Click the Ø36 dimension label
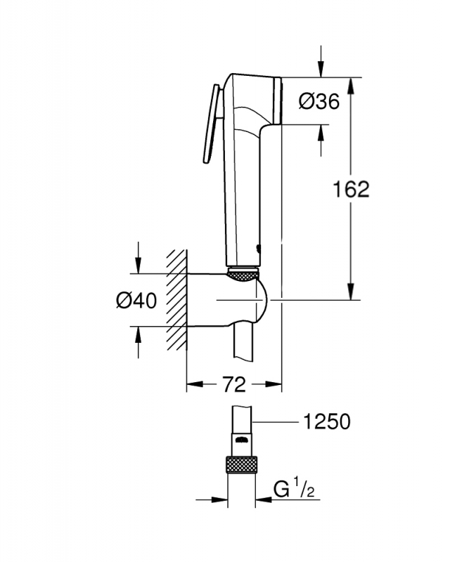click(319, 102)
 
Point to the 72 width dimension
click(233, 384)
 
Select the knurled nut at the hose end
click(240, 466)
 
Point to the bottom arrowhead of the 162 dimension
click(350, 293)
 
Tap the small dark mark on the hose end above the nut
click(240, 441)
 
